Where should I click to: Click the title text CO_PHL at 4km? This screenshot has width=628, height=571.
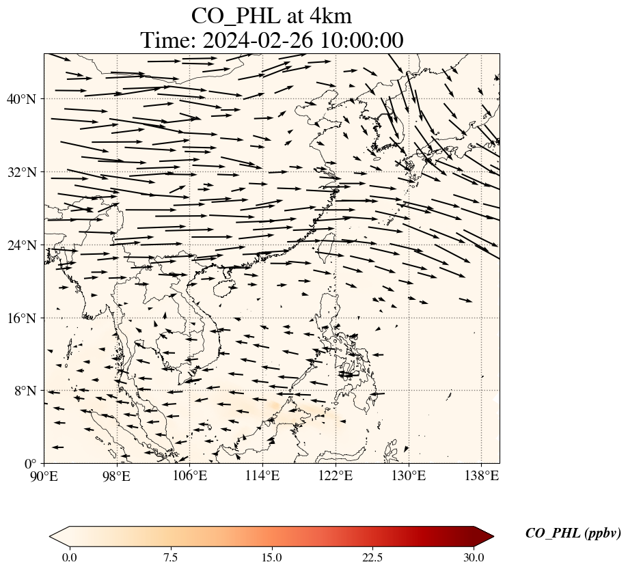point(271,15)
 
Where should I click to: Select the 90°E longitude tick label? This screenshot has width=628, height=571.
point(44,475)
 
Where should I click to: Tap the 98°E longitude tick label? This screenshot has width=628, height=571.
point(117,475)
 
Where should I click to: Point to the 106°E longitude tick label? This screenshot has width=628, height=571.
point(190,475)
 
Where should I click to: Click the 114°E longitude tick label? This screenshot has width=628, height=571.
point(262,475)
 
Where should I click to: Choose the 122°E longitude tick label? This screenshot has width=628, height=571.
point(336,475)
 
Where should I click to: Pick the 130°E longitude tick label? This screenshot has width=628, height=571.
point(408,475)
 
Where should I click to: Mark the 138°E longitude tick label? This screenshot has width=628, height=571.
point(481,475)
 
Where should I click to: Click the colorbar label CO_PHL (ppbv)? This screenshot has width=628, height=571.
point(573,533)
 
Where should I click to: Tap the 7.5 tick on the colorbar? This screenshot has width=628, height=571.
point(170,557)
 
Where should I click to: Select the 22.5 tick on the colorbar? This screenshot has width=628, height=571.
point(372,557)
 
